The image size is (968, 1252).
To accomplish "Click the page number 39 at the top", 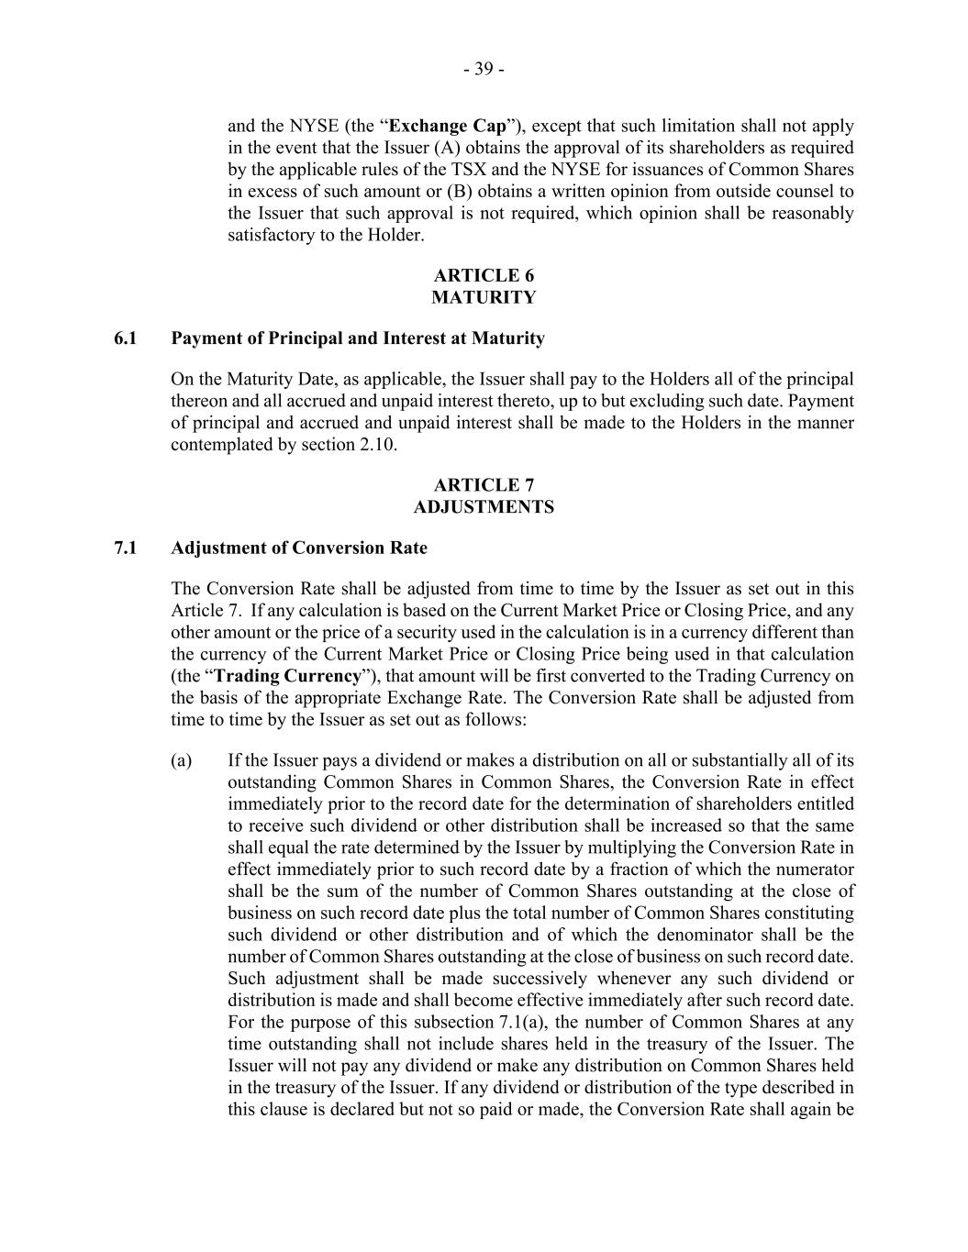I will click(x=484, y=69).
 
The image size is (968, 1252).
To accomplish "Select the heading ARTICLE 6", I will click(x=484, y=275).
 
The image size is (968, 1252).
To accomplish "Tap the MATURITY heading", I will click(x=484, y=297).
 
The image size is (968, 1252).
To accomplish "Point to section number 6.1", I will click(x=126, y=338).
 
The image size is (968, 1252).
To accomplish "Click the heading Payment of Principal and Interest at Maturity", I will click(x=358, y=338).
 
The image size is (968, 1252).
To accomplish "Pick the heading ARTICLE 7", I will click(x=484, y=485).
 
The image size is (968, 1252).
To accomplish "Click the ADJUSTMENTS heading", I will click(x=484, y=507).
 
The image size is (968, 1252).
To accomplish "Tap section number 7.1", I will click(x=126, y=548).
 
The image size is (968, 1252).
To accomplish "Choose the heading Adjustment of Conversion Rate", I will click(x=299, y=548).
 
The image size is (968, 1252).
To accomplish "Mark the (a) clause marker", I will click(x=182, y=760).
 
